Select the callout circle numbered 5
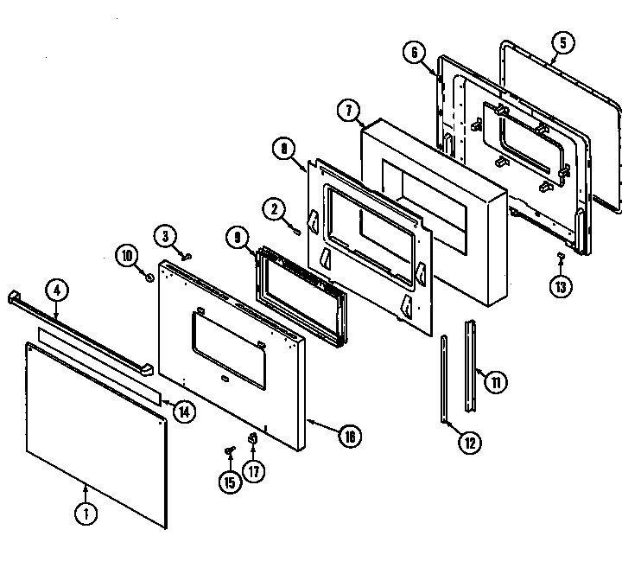[x=562, y=41]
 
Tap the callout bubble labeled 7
[x=348, y=110]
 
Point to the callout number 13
[x=562, y=286]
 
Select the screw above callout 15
[x=230, y=450]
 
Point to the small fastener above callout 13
[x=562, y=256]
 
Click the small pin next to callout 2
[x=296, y=229]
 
